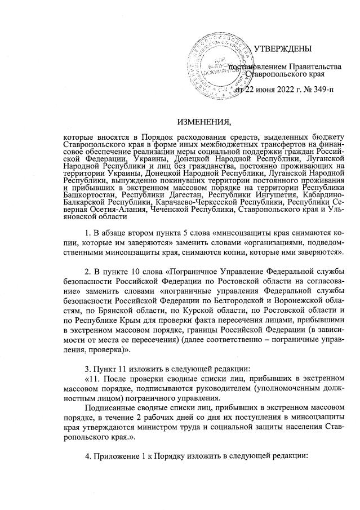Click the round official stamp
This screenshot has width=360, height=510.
click(x=222, y=64)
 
